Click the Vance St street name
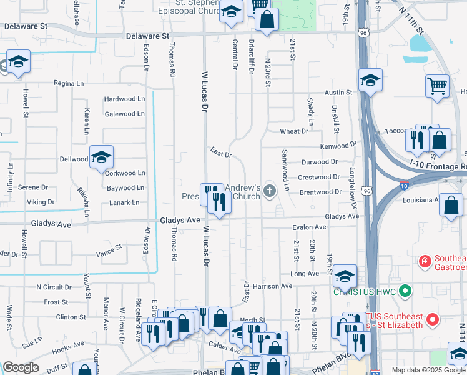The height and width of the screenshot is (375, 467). (x=109, y=254)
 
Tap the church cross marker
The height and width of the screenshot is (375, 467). (x=270, y=191)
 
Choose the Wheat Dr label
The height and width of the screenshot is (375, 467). (x=294, y=131)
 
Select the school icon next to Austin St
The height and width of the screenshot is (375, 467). (x=370, y=81)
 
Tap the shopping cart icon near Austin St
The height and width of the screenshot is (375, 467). (x=437, y=86)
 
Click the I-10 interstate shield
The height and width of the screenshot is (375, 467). (x=405, y=185)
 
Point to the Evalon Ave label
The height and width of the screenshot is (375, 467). (x=310, y=228)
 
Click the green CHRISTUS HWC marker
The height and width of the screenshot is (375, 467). (x=405, y=291)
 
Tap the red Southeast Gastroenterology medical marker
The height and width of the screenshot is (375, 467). (x=425, y=261)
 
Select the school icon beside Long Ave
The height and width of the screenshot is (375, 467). (x=344, y=276)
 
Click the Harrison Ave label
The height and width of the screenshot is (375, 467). (x=273, y=286)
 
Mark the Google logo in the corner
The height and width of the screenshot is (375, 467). (x=21, y=367)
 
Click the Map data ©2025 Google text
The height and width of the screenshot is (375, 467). (x=428, y=370)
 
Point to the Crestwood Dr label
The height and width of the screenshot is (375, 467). (x=318, y=177)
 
